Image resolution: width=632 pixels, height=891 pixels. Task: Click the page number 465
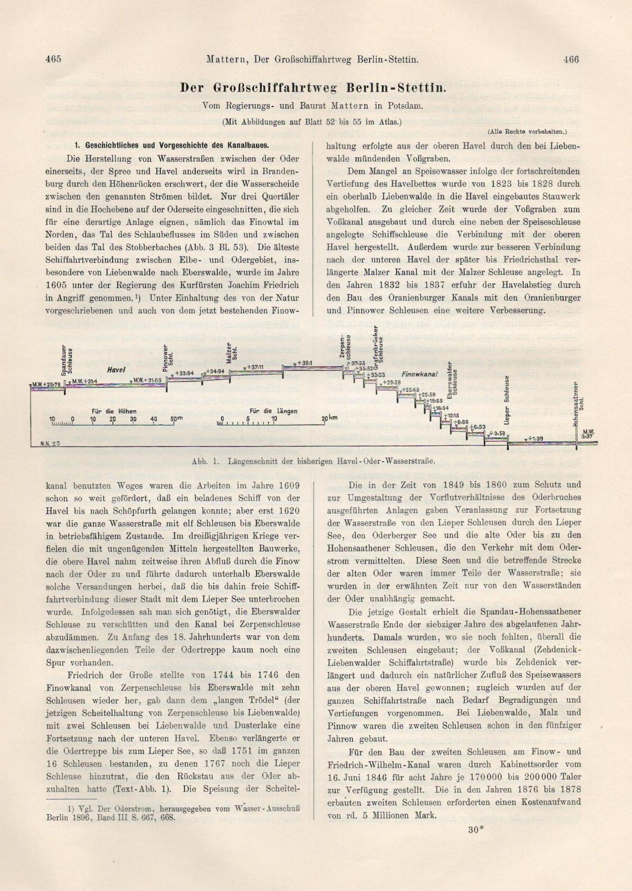tap(53, 59)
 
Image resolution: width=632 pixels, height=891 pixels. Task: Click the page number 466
tap(571, 59)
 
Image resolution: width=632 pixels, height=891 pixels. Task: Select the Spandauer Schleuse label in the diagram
tap(66, 361)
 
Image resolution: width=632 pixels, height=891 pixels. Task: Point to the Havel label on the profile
tap(116, 370)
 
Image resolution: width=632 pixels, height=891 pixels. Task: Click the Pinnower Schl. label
tap(168, 359)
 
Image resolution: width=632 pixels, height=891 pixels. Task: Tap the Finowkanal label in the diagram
tap(419, 374)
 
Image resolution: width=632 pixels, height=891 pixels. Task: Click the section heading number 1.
tap(76, 145)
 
